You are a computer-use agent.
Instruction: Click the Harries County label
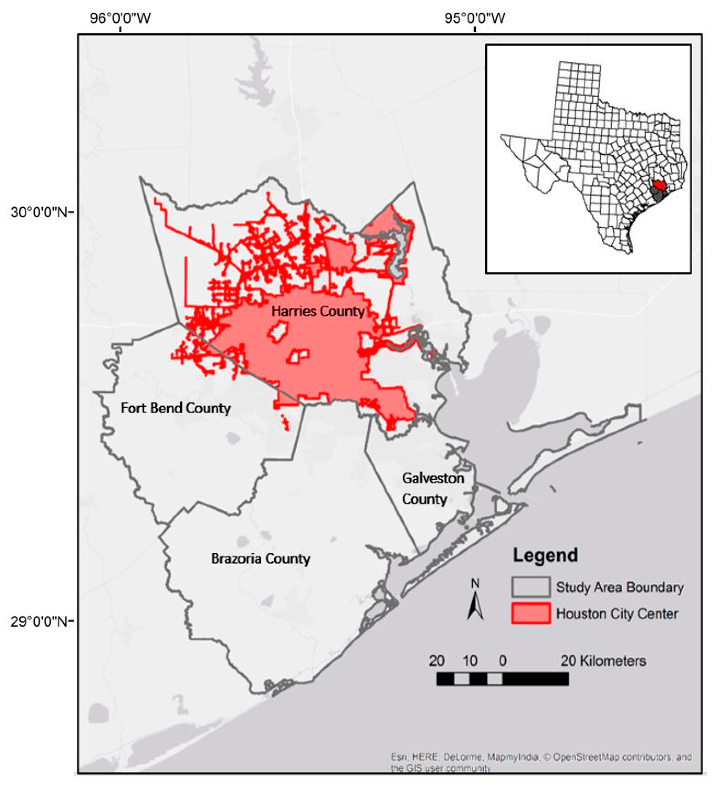pos(318,311)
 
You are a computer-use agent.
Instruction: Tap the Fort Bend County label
pos(176,408)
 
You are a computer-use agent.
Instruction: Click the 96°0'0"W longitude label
pos(120,18)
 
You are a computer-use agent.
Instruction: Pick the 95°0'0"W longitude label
pos(475,18)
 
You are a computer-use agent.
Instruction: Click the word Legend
pos(545,555)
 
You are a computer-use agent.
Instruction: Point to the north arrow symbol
pos(475,607)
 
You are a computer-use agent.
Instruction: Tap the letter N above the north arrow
pos(475,584)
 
